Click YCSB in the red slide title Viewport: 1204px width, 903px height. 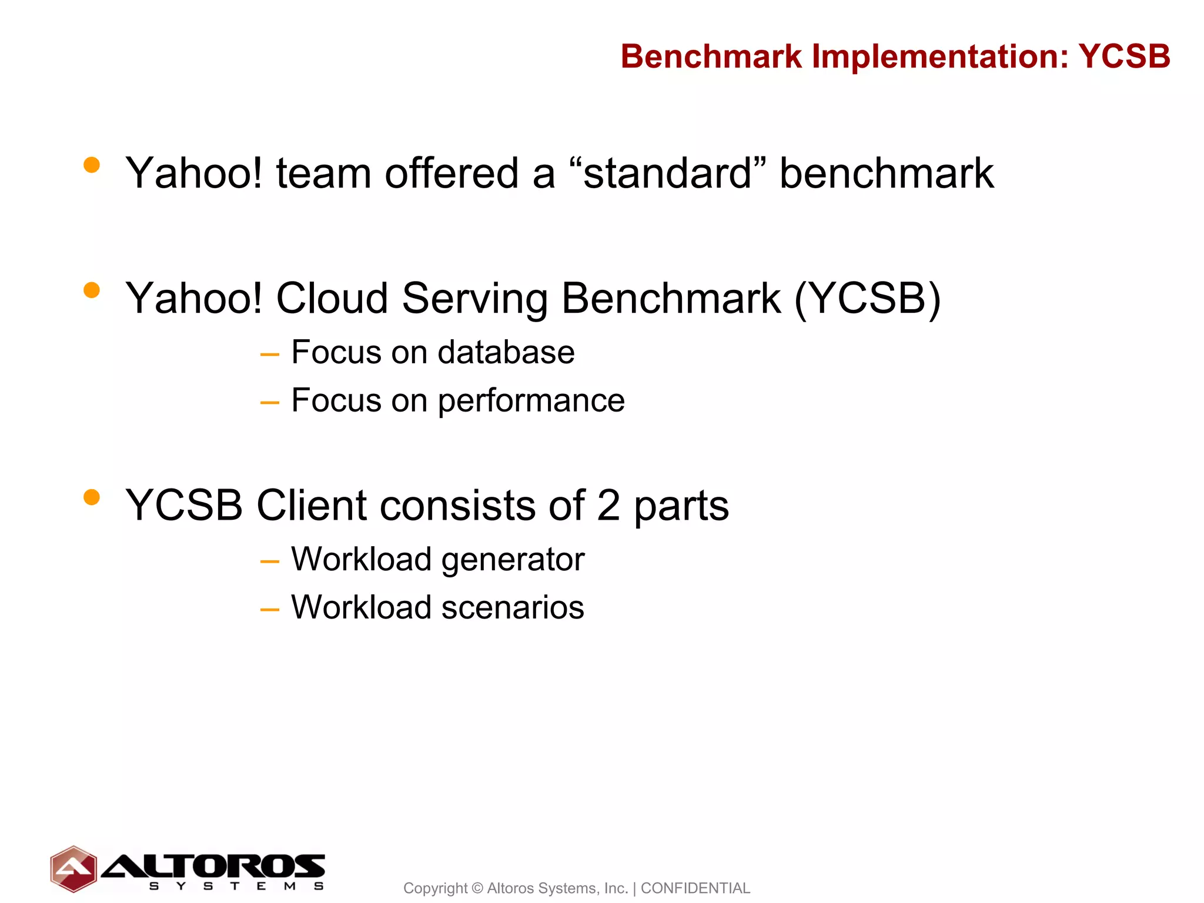[x=1124, y=57]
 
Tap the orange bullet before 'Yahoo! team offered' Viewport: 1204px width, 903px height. [x=92, y=165]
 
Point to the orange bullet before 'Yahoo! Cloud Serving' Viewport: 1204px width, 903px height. [x=92, y=290]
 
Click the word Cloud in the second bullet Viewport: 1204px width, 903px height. [x=332, y=298]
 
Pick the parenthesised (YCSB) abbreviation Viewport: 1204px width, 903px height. [x=867, y=299]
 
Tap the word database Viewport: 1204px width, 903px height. [x=506, y=353]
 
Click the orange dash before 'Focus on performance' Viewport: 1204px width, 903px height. [x=269, y=403]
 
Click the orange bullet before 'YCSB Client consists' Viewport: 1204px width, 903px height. [x=92, y=497]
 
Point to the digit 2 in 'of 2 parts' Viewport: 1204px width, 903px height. [x=608, y=506]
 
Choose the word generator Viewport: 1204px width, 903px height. [x=513, y=560]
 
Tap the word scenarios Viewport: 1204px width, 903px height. [x=513, y=607]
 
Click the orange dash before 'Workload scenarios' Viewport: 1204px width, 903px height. [x=269, y=610]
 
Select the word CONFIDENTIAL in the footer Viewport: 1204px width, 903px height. [x=695, y=888]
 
